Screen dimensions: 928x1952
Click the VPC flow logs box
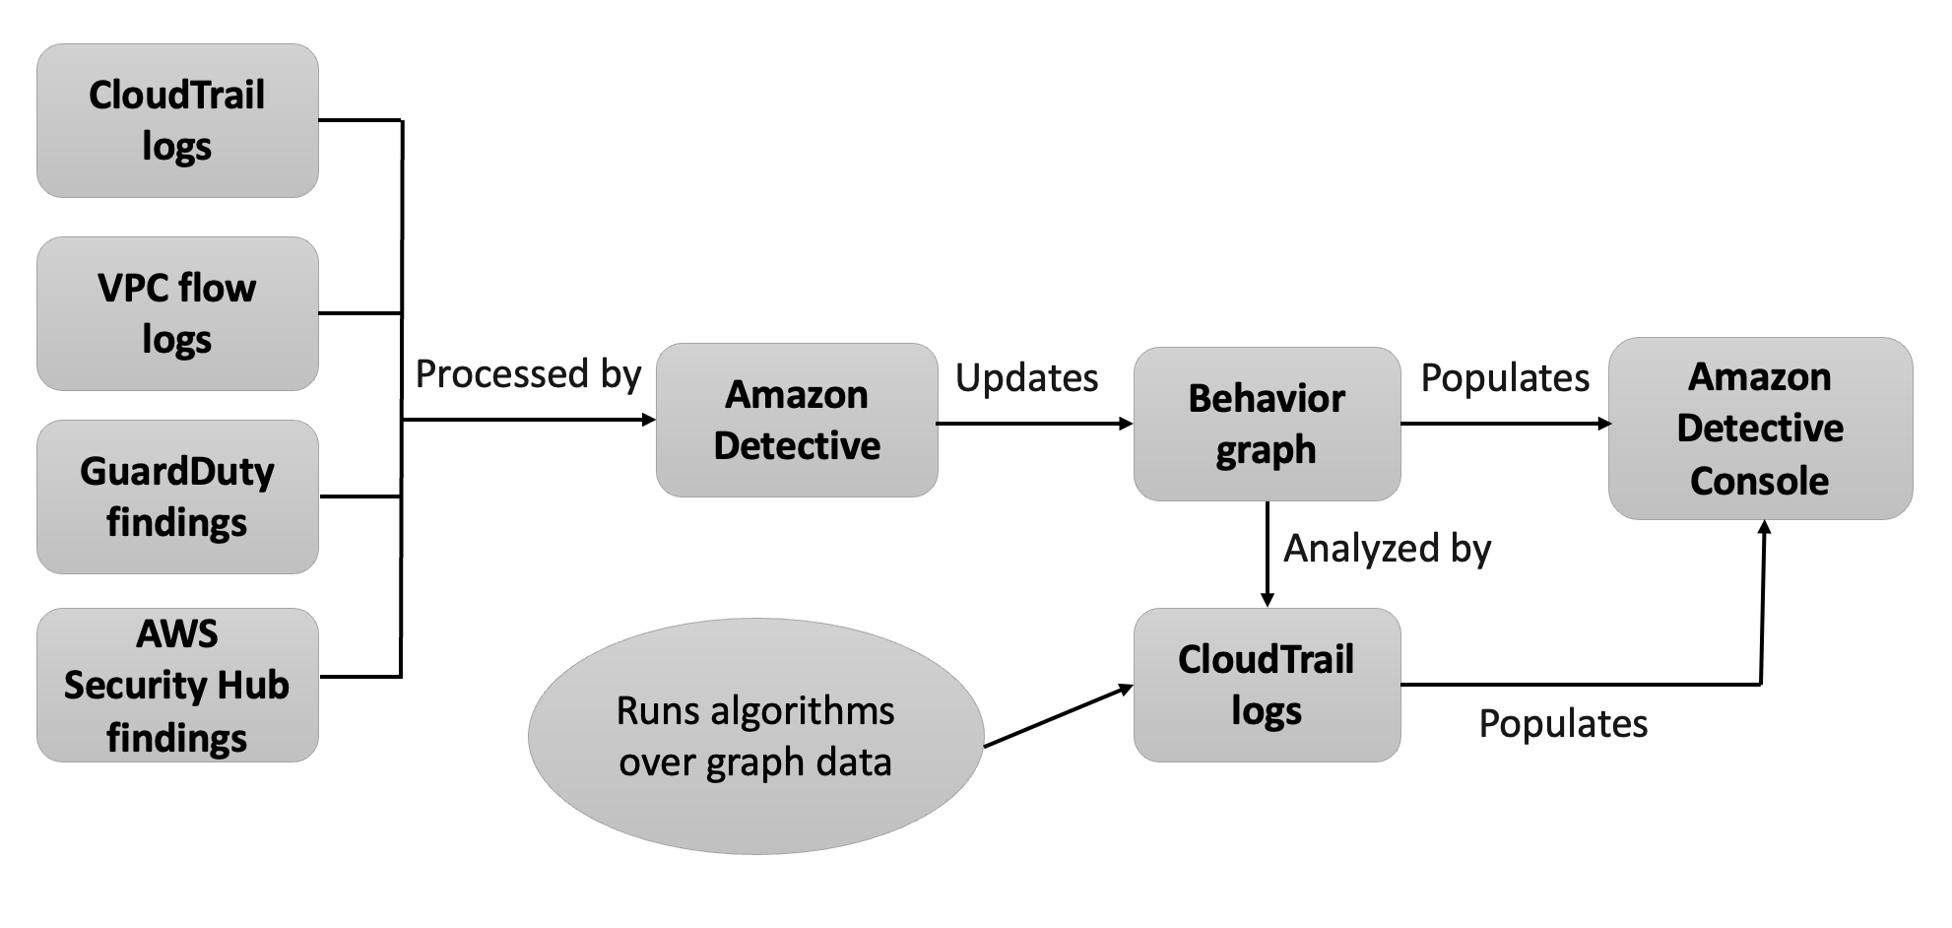[x=177, y=313]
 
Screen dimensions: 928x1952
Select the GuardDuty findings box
[x=177, y=497]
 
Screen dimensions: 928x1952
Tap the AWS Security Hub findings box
[x=177, y=685]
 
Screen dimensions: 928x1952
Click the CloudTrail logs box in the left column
[x=177, y=120]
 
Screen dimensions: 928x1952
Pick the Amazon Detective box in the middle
[x=797, y=420]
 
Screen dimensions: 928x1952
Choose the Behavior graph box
[x=1267, y=424]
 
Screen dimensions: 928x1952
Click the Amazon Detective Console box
[x=1760, y=429]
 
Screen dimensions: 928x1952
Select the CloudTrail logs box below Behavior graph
[x=1267, y=685]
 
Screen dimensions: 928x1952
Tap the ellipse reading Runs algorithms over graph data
[x=755, y=736]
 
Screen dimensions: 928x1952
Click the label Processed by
[x=528, y=374]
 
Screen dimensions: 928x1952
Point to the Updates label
[x=1026, y=378]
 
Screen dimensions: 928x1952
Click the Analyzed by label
[x=1387, y=549]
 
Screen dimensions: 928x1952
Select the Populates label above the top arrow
[x=1505, y=378]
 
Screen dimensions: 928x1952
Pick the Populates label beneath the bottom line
[x=1563, y=724]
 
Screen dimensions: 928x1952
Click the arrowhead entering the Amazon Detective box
[x=648, y=420]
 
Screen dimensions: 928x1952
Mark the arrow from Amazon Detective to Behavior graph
[x=1034, y=424]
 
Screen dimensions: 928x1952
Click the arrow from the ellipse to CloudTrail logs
[x=1059, y=716]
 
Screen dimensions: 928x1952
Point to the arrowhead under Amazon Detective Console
[x=1765, y=528]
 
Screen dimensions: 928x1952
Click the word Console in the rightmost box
[x=1760, y=481]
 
